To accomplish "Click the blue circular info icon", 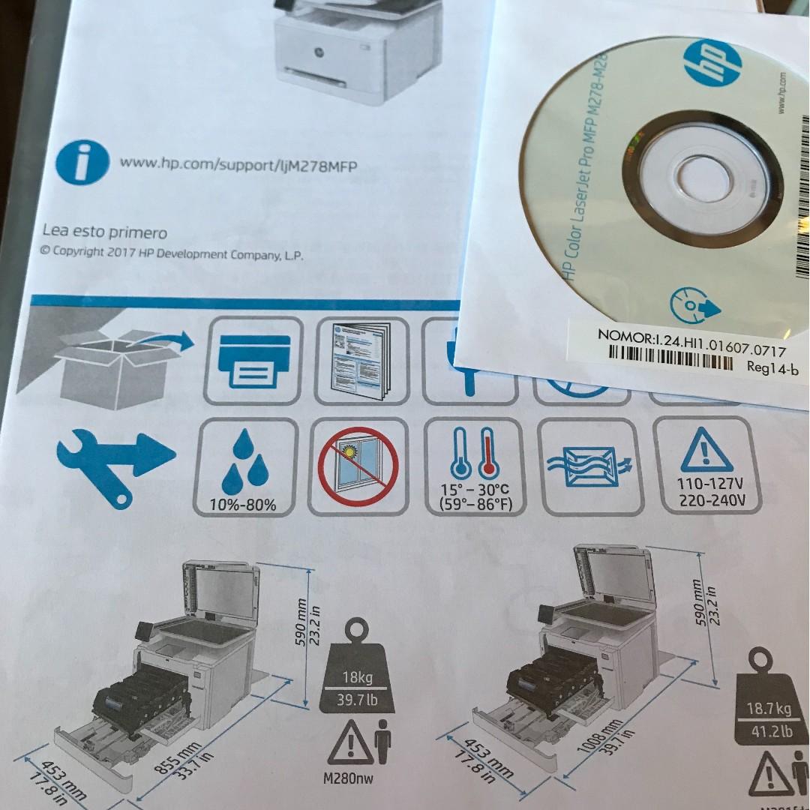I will point(82,161).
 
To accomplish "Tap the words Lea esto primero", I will point(104,232).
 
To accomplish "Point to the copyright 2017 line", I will point(172,253).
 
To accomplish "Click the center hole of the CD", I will point(705,180).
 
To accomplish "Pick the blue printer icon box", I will point(253,361).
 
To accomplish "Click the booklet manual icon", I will point(361,361).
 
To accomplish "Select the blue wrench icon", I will point(112,465).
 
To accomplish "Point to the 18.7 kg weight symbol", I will point(769,697).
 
